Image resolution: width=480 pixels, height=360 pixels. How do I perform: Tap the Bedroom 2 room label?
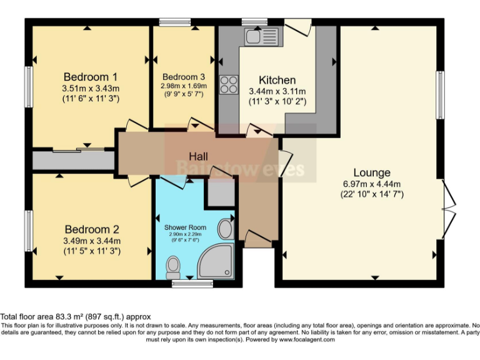tap(91, 229)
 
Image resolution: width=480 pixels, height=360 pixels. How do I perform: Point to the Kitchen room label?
tap(277, 80)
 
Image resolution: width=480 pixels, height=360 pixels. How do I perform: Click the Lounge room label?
tap(372, 172)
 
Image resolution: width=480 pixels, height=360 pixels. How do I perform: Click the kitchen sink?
tap(261, 36)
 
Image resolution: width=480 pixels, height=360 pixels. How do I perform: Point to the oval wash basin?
tap(225, 229)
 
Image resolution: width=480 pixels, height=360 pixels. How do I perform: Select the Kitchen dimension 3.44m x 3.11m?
tap(277, 91)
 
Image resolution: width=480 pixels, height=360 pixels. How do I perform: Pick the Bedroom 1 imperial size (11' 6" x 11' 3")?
tap(91, 99)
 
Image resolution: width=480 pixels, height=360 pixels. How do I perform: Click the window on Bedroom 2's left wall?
tap(28, 231)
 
